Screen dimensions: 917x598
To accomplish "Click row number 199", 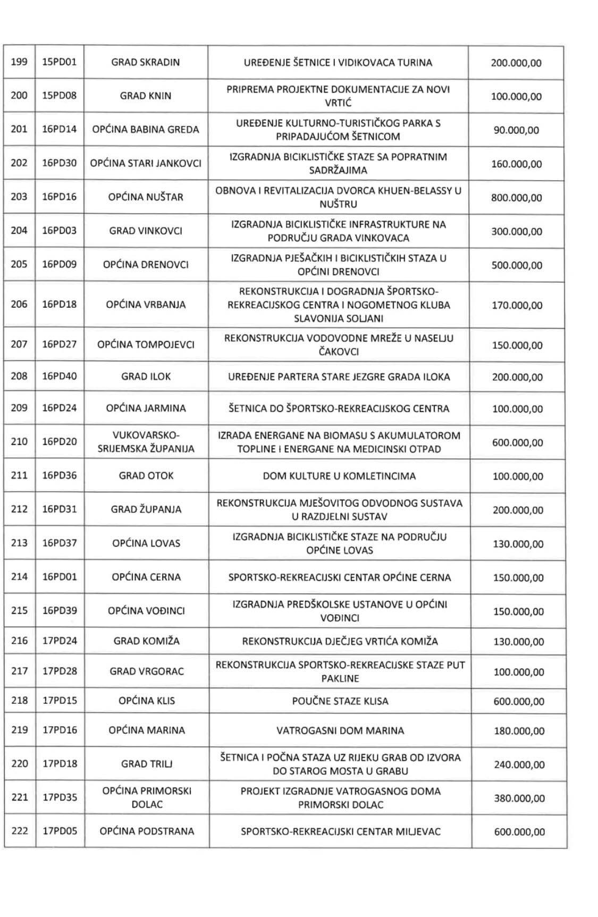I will pyautogui.click(x=19, y=62).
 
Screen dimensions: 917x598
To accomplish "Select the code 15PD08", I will pyautogui.click(x=60, y=96).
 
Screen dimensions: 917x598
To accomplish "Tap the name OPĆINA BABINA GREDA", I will pyautogui.click(x=146, y=129).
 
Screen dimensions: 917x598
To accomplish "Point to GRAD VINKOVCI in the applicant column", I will pyautogui.click(x=146, y=231).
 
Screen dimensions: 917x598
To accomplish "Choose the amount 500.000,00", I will pyautogui.click(x=517, y=265).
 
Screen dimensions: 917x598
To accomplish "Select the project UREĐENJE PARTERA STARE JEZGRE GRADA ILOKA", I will pyautogui.click(x=339, y=377).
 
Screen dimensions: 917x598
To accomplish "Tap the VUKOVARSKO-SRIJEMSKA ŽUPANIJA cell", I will pyautogui.click(x=146, y=442).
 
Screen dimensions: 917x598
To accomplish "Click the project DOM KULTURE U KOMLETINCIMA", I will pyautogui.click(x=339, y=476).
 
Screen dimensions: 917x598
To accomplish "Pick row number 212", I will pyautogui.click(x=19, y=509).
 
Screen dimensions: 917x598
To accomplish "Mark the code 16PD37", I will pyautogui.click(x=60, y=543).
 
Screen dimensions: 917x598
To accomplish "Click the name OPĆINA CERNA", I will pyautogui.click(x=146, y=577).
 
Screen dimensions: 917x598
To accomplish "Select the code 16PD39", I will pyautogui.click(x=60, y=610).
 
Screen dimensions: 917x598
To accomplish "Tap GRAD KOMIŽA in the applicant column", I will pyautogui.click(x=146, y=641).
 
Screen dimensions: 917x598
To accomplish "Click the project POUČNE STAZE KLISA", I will pyautogui.click(x=340, y=701).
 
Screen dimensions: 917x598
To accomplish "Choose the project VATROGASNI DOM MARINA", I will pyautogui.click(x=340, y=730).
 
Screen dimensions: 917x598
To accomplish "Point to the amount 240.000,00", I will pyautogui.click(x=519, y=764).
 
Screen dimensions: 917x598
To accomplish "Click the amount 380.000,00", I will pyautogui.click(x=519, y=798).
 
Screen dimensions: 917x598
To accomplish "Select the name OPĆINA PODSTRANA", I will pyautogui.click(x=147, y=831).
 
